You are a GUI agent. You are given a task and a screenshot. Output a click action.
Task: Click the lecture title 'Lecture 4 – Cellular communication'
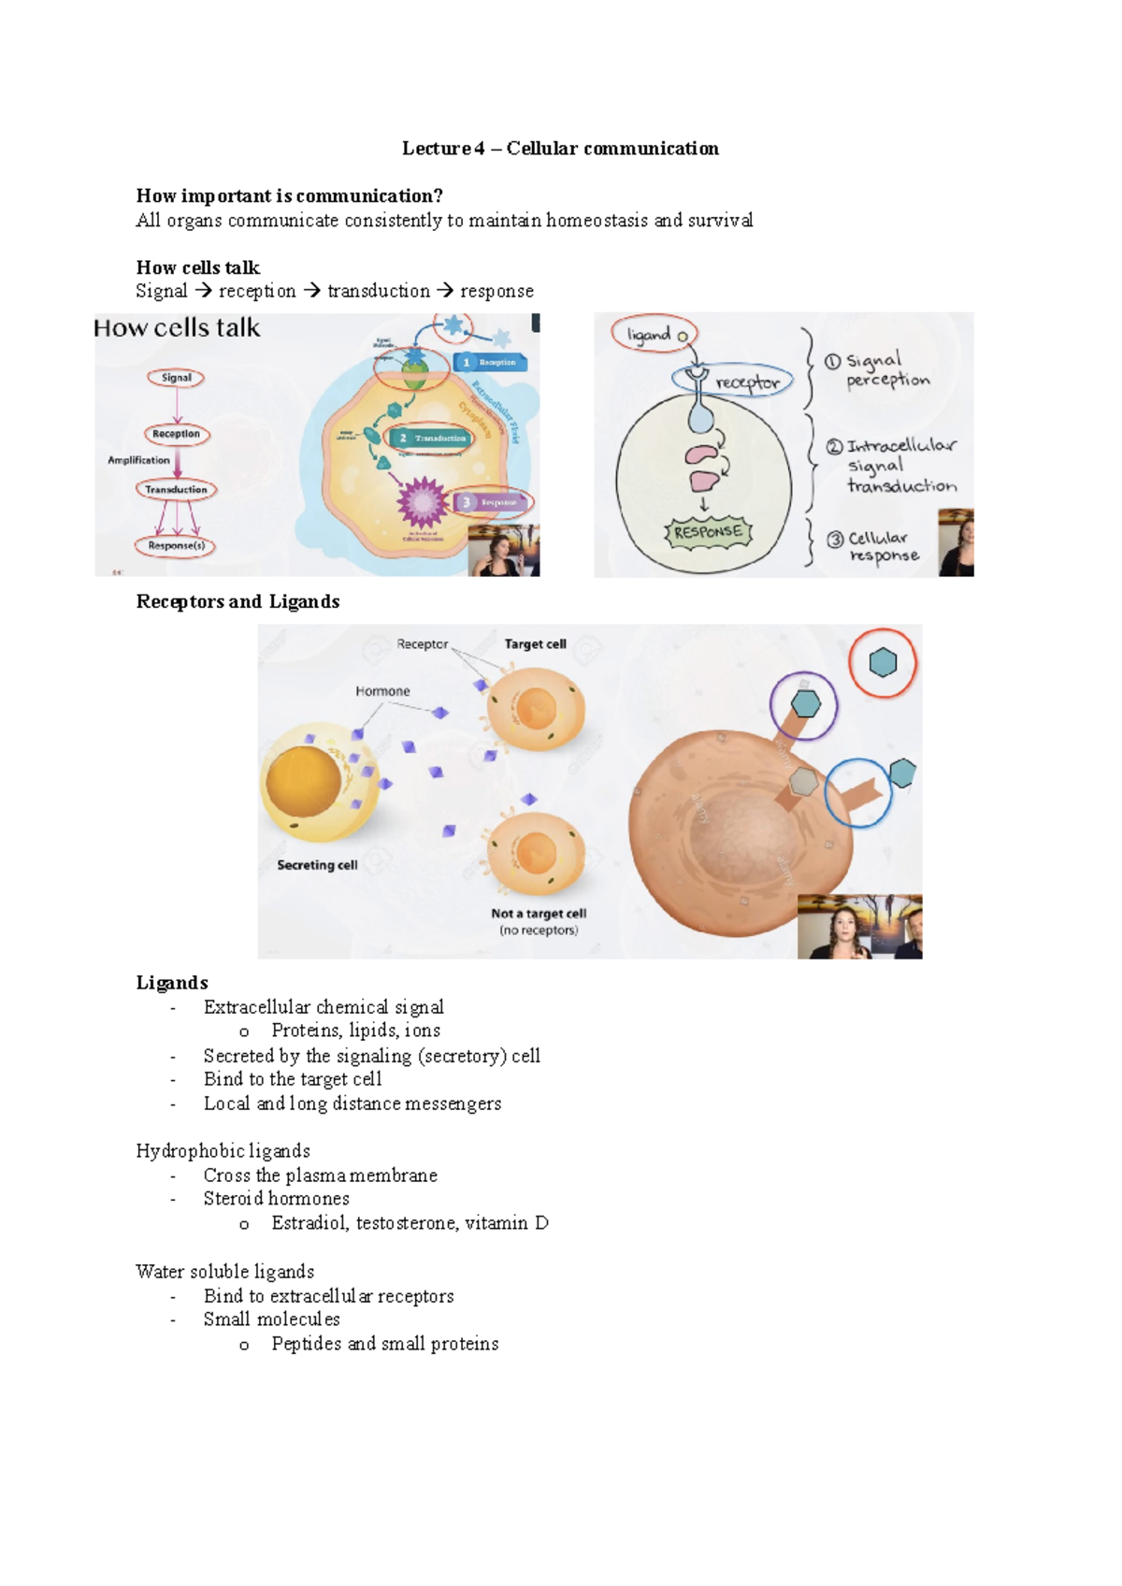click(560, 148)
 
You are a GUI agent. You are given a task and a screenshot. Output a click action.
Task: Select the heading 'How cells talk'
click(197, 267)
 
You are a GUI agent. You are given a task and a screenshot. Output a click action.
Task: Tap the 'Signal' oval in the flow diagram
click(176, 378)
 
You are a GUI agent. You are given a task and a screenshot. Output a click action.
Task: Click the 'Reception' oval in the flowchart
click(176, 434)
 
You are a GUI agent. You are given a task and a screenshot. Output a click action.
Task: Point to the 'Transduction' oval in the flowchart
click(176, 489)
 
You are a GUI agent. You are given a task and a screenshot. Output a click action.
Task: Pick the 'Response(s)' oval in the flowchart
click(176, 545)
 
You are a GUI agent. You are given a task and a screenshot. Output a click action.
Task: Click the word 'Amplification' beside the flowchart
click(138, 460)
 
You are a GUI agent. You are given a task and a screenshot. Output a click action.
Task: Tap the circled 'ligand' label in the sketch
click(654, 334)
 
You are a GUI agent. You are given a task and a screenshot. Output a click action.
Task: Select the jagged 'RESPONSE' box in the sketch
click(708, 532)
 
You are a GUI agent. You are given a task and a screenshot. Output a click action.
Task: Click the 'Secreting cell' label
click(317, 865)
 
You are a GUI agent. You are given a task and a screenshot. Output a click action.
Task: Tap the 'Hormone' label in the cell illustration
click(382, 691)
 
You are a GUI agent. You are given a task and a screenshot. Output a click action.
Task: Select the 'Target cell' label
click(535, 644)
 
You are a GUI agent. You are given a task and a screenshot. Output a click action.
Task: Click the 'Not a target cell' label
click(539, 914)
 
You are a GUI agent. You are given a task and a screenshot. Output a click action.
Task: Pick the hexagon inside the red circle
click(883, 662)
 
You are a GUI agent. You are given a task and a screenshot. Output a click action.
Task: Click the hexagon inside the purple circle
click(805, 703)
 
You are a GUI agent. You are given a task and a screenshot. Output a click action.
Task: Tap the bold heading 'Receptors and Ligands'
click(237, 601)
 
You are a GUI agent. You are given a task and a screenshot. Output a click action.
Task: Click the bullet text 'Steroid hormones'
click(276, 1199)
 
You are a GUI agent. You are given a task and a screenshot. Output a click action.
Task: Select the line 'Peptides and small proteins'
click(384, 1344)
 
